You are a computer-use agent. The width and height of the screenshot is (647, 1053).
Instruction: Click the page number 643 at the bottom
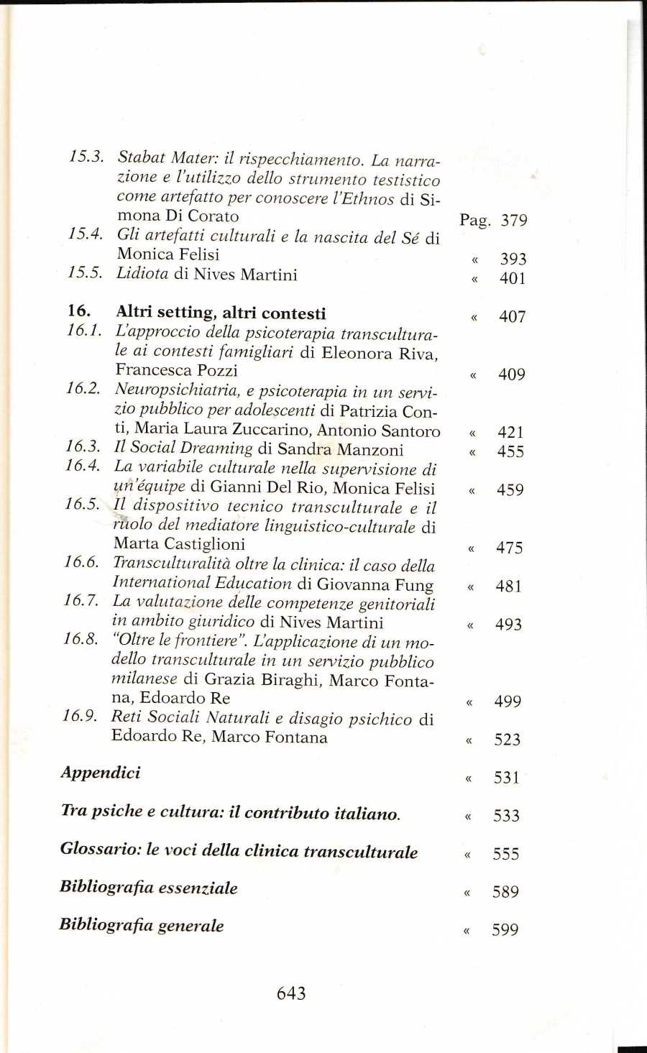291,993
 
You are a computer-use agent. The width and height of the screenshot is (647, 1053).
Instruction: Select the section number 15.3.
87,157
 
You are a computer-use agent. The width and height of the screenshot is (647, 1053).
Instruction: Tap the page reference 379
514,220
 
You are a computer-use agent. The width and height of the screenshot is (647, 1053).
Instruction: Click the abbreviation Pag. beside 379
475,221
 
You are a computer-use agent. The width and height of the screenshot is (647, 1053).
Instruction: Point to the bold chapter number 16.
78,311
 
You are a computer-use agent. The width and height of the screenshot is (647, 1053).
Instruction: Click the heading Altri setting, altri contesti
221,313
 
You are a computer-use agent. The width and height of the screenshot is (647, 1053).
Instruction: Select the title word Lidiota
142,274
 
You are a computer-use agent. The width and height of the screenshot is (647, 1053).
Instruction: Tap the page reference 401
513,278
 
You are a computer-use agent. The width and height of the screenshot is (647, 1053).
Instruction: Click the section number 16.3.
83,447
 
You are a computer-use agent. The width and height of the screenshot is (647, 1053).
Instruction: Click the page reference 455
510,451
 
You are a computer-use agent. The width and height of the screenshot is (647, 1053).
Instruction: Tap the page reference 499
508,702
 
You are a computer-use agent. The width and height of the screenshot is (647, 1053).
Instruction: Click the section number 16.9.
80,716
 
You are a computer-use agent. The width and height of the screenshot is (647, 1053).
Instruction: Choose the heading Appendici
101,773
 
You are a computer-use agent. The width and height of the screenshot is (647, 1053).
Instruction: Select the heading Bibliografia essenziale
148,888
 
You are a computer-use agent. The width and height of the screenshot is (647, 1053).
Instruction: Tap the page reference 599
505,930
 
